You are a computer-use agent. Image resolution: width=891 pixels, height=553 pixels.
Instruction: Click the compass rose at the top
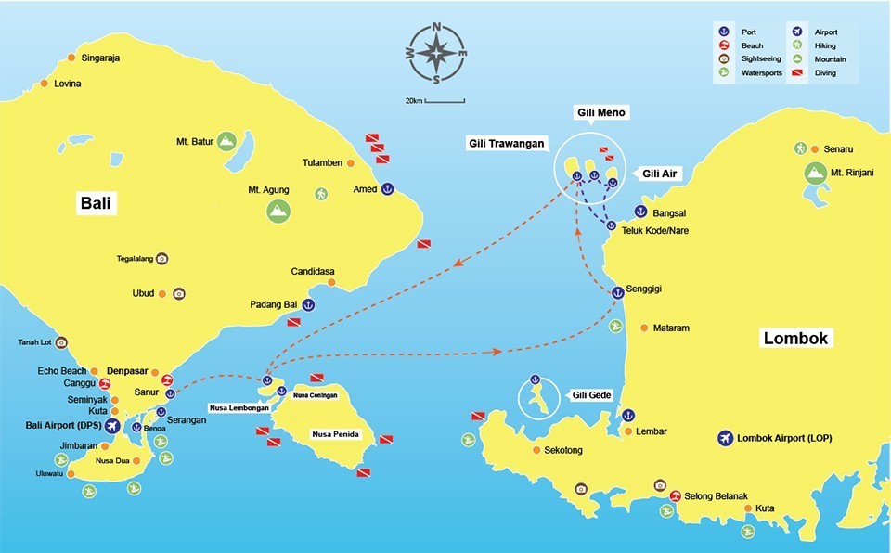tap(435, 53)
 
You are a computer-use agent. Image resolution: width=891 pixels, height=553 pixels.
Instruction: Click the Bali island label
tap(97, 204)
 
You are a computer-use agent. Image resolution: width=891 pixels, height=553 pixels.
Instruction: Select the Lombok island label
tap(795, 338)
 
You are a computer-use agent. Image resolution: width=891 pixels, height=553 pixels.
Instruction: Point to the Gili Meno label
tap(600, 113)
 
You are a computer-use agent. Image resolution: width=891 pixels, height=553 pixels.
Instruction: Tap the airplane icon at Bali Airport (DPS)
tap(112, 426)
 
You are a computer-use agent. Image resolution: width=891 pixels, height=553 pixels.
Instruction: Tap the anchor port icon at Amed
tap(389, 189)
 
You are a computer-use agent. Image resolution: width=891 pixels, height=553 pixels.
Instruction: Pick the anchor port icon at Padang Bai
tap(308, 304)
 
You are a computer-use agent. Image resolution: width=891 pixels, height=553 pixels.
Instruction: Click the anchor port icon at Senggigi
tap(616, 292)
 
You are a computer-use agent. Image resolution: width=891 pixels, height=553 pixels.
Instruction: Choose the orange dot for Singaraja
tap(72, 58)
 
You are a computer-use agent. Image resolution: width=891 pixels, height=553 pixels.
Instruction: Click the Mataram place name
tap(671, 328)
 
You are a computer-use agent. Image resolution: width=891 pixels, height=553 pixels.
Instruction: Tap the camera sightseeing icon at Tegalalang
tap(161, 259)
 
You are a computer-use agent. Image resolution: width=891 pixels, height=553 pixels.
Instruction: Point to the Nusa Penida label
tap(336, 434)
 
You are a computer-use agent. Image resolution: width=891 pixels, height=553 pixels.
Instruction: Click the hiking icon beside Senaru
tap(800, 148)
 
